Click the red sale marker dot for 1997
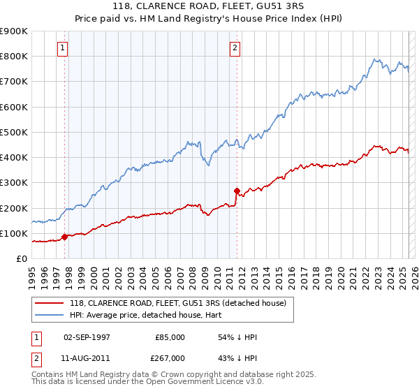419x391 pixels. [65, 237]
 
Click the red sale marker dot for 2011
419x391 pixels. [237, 191]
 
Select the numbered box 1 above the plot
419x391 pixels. [63, 48]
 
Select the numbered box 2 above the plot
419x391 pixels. [235, 48]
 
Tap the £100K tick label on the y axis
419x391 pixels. [14, 233]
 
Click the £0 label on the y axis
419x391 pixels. [21, 259]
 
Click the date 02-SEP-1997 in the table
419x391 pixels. [87, 337]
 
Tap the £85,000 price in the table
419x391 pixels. [170, 337]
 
